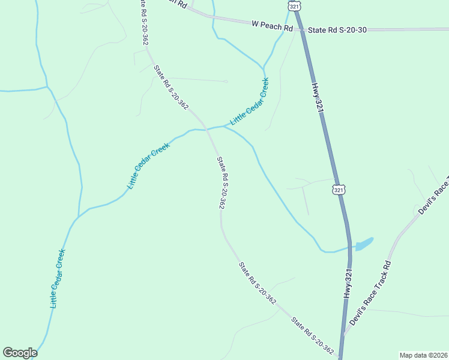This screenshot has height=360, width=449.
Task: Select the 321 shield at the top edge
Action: click(x=294, y=5)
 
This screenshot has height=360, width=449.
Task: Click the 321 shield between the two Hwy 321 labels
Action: click(x=339, y=190)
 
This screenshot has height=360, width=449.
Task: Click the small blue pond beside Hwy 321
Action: click(x=363, y=244)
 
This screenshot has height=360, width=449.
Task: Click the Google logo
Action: click(x=20, y=353)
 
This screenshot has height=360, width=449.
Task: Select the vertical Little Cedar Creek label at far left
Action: click(x=57, y=278)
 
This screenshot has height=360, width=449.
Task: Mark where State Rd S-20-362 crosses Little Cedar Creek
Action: click(x=207, y=128)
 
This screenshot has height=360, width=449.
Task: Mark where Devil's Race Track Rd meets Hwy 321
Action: click(x=343, y=335)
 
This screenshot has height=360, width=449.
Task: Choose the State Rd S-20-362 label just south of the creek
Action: click(x=221, y=182)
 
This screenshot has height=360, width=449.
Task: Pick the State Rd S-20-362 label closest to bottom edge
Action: click(x=312, y=335)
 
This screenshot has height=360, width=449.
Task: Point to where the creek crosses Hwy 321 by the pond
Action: click(x=349, y=246)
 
